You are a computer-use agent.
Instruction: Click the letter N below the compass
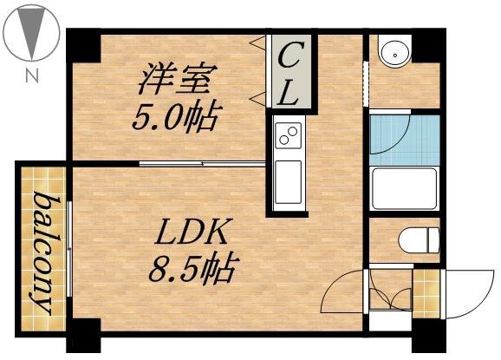pos(32,75)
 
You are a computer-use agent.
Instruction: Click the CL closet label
pos(290,73)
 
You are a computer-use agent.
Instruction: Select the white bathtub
pos(403,188)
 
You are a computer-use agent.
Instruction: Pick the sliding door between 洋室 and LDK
pos(202,163)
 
